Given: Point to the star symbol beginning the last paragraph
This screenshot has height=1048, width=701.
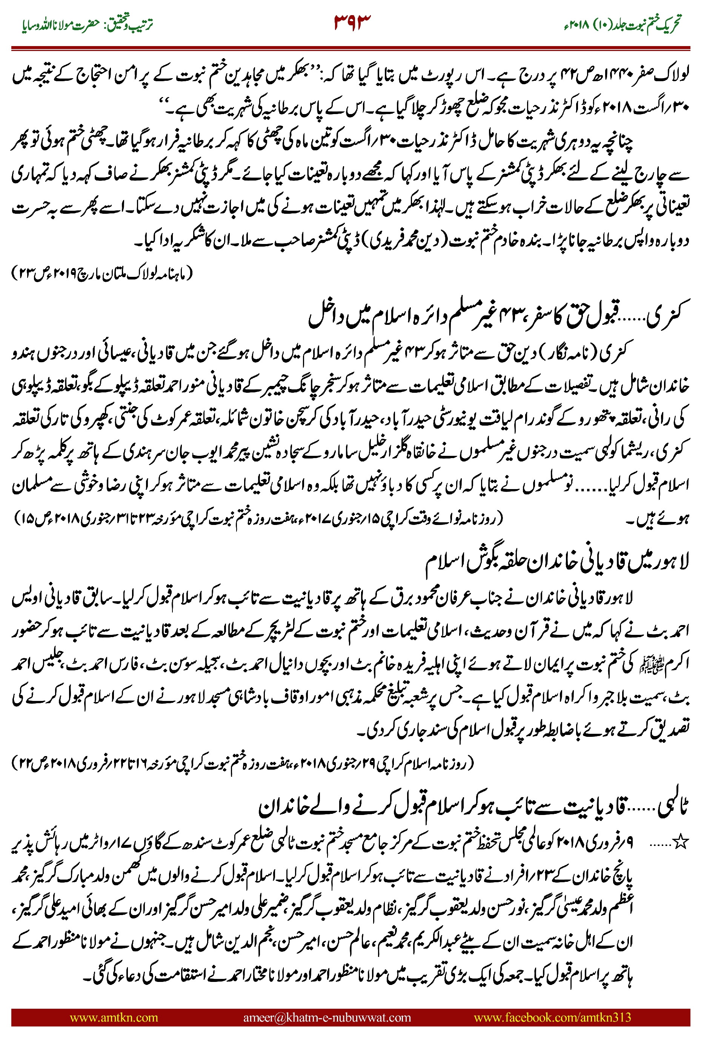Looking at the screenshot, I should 680,843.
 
